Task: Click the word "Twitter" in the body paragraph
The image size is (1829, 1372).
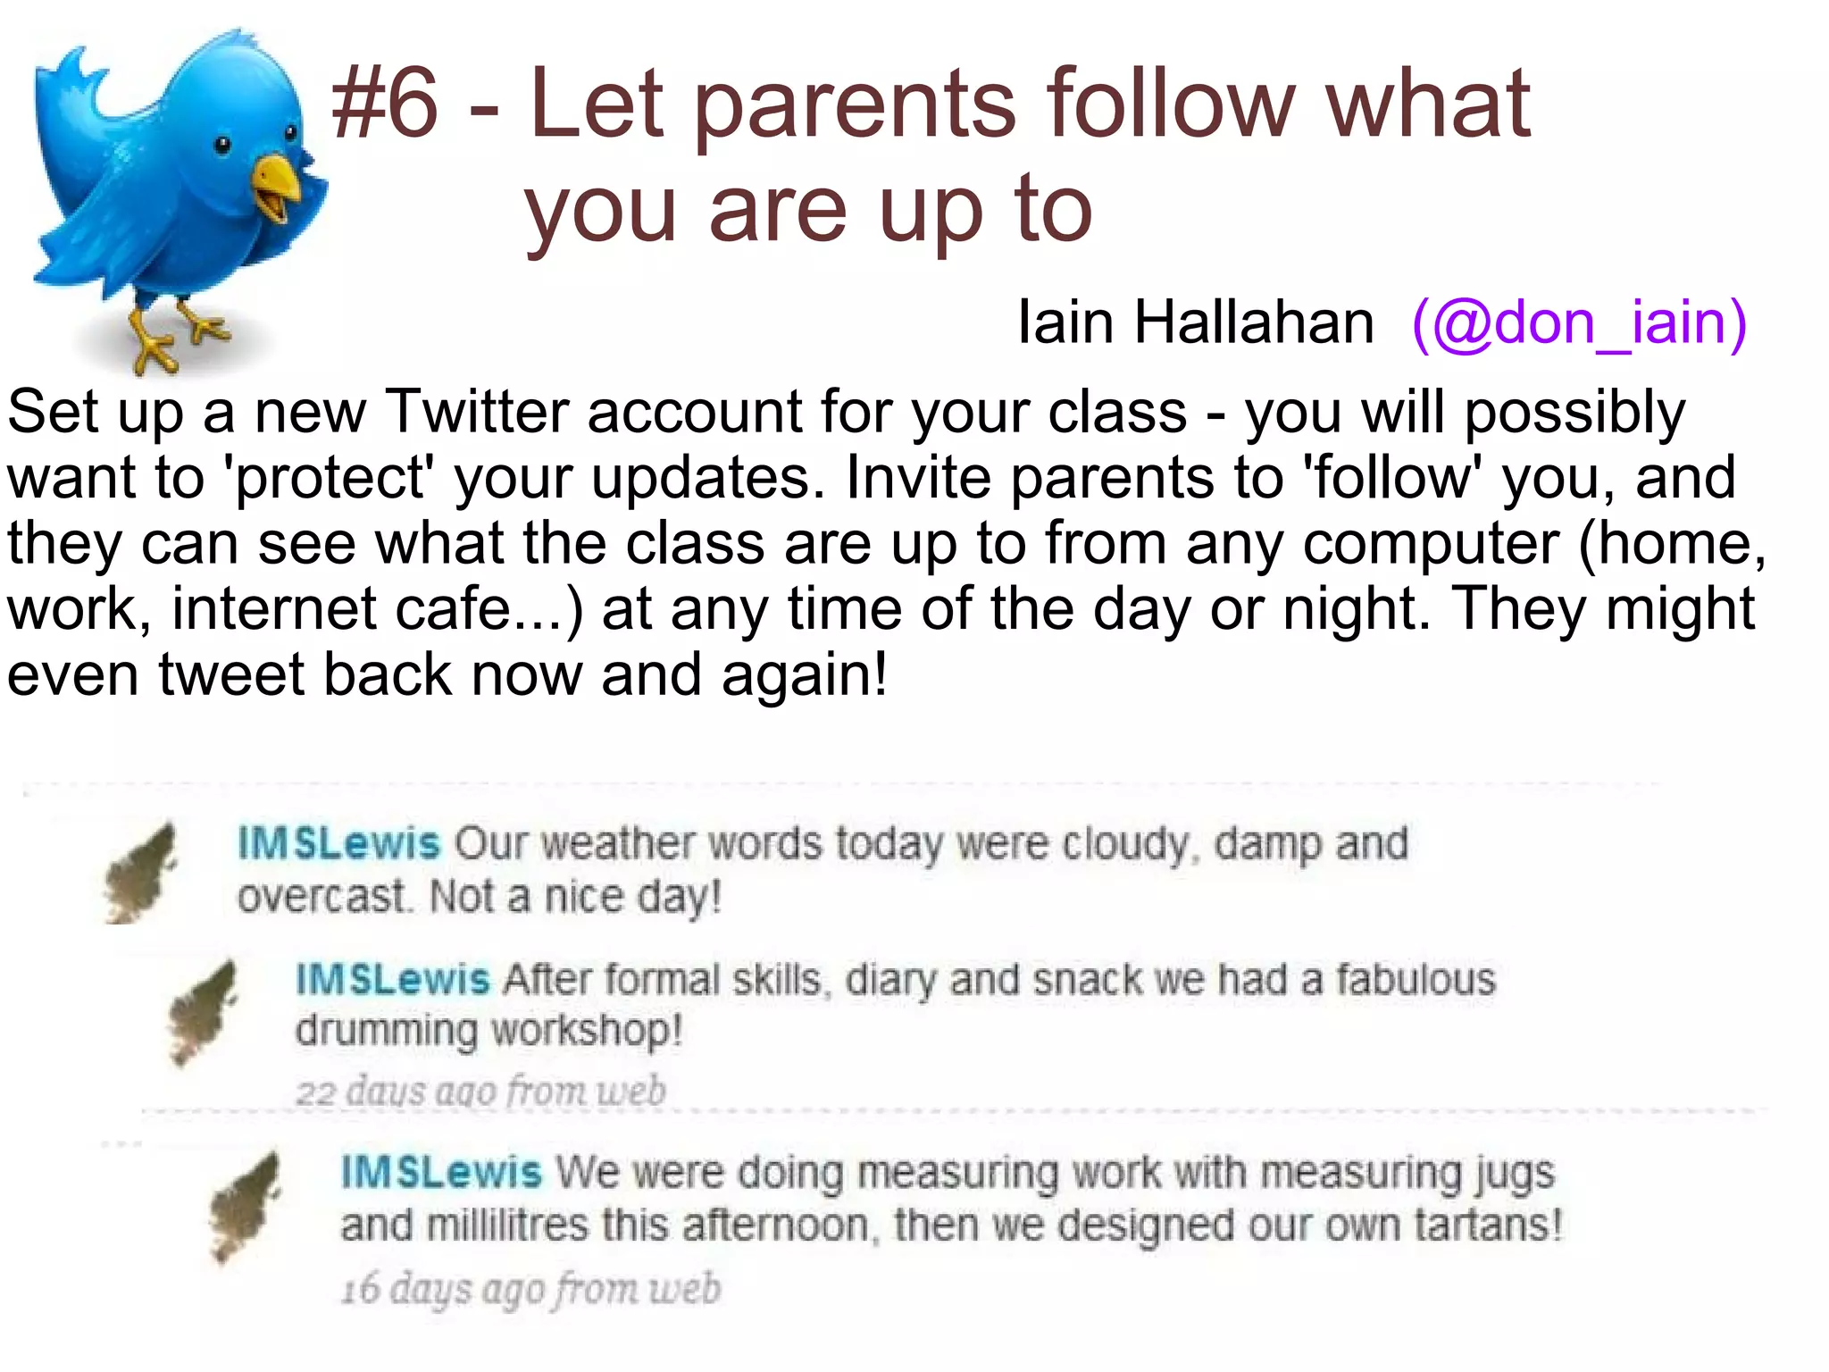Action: (477, 413)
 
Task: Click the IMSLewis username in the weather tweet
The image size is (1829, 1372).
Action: (339, 843)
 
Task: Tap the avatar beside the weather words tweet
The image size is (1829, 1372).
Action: (141, 872)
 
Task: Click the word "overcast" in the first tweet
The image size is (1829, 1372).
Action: (322, 897)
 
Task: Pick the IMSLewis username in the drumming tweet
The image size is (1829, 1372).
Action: (393, 980)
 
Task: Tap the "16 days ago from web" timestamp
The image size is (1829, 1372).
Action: (530, 1289)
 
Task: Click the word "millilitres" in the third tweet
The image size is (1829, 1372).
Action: (507, 1225)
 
